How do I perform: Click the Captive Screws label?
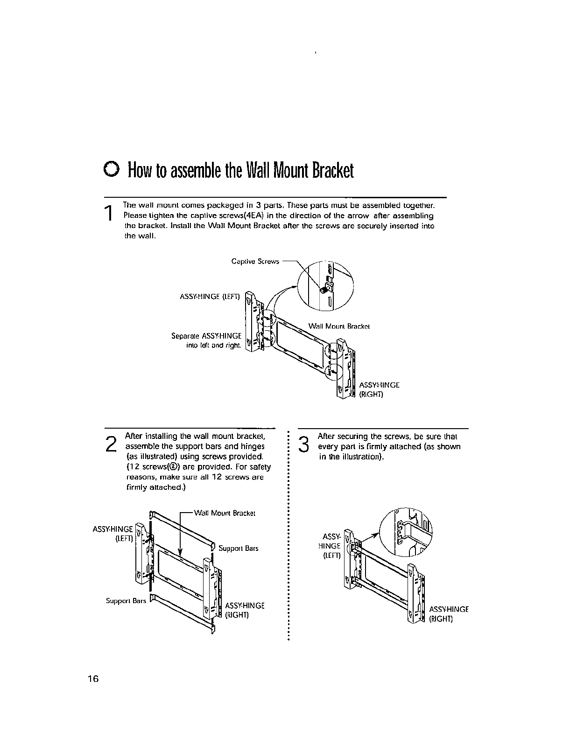(x=255, y=262)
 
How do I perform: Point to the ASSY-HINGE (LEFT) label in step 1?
(x=210, y=297)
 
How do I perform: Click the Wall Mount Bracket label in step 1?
(x=339, y=326)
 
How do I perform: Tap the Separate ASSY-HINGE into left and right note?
(x=206, y=340)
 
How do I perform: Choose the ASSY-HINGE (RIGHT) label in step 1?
(x=379, y=389)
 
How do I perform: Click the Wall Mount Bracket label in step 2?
(x=225, y=513)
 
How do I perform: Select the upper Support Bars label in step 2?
(x=238, y=549)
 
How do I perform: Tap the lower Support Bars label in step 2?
(x=126, y=601)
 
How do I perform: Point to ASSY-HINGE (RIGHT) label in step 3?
(x=448, y=614)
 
